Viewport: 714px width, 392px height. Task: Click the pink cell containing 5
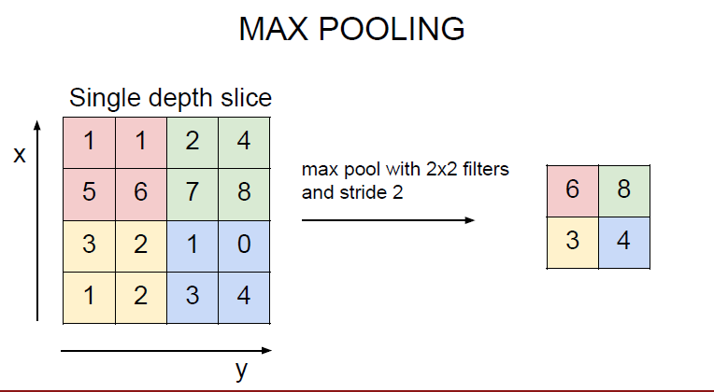(x=89, y=193)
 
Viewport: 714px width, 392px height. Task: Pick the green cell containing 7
(x=193, y=193)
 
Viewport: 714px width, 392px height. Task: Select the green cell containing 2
(x=193, y=142)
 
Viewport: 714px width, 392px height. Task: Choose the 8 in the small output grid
(x=623, y=189)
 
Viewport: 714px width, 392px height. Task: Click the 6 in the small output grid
(x=572, y=189)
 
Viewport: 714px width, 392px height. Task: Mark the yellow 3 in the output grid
(x=572, y=241)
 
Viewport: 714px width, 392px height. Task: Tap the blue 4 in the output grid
(x=623, y=241)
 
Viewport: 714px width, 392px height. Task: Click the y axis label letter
(x=241, y=371)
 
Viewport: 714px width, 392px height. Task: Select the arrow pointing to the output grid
(x=388, y=220)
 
